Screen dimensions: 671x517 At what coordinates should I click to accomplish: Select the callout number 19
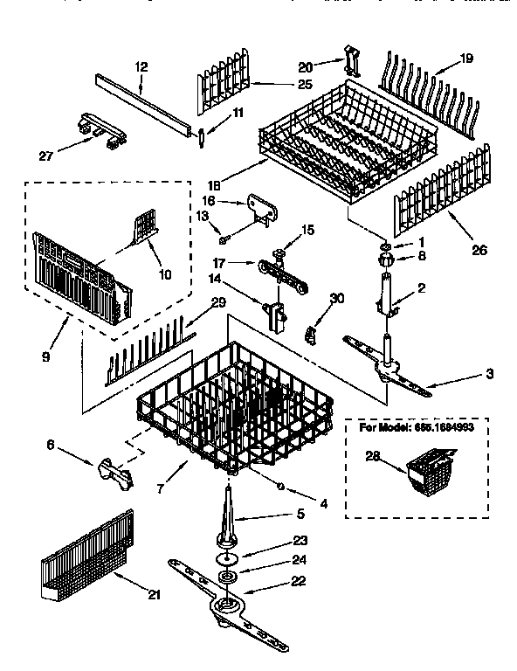tap(467, 59)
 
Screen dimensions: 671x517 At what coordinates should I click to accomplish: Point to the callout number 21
tap(155, 595)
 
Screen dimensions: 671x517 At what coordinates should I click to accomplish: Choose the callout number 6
tap(51, 445)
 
